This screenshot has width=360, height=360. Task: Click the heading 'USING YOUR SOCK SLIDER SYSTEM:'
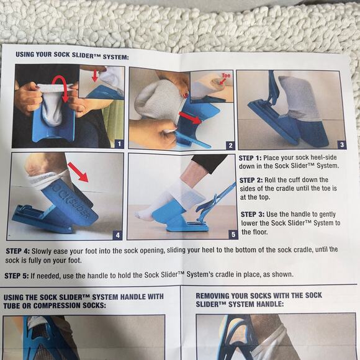coord(72,57)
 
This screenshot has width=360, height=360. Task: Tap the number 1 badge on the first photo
coord(119,143)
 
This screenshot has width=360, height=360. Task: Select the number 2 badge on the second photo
coord(230,145)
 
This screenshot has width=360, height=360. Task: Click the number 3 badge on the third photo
coord(341,144)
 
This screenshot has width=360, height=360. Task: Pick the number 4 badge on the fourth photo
coord(117,235)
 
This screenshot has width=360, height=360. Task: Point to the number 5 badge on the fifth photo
coord(233,234)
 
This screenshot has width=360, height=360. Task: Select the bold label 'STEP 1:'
coord(251,158)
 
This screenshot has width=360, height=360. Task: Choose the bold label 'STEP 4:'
coord(19,250)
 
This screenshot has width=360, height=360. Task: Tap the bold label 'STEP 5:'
coord(19,274)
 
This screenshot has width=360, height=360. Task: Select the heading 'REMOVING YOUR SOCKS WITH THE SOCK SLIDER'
coord(259,300)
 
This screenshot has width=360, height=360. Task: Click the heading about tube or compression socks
coord(83,300)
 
